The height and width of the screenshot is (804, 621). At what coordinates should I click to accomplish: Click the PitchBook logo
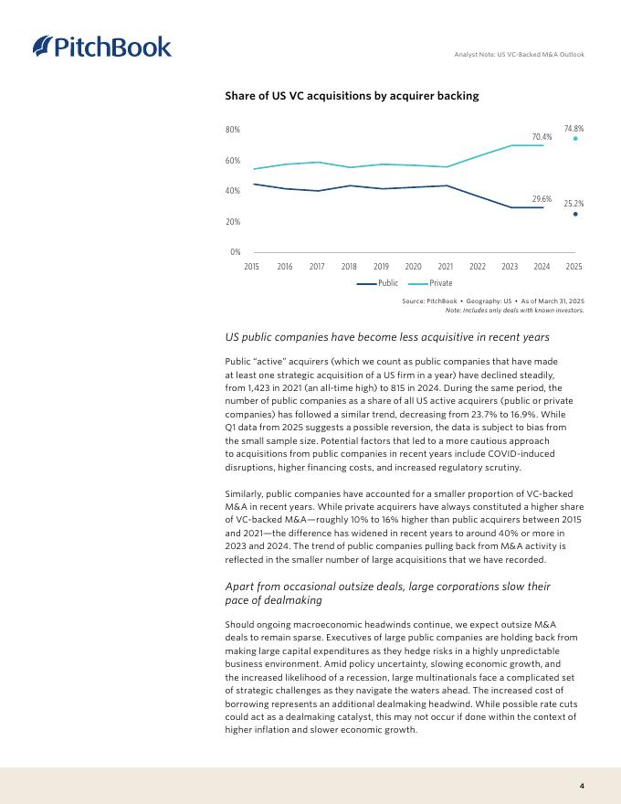pos(101,46)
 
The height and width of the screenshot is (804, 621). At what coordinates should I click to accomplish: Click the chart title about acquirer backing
pos(352,95)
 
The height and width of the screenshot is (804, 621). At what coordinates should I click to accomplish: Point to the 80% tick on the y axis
pos(233,130)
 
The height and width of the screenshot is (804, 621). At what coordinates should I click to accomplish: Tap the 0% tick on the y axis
pos(235,251)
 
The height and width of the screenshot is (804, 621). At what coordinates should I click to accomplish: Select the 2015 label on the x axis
pos(252,266)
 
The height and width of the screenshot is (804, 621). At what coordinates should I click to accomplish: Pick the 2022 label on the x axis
pos(478,266)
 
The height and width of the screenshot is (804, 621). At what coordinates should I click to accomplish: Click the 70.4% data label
pos(542,137)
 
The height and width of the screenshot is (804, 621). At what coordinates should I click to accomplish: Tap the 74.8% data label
pos(574,129)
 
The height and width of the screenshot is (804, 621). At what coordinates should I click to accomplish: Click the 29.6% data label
pos(542,198)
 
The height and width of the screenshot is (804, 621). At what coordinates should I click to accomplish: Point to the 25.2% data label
pos(574,204)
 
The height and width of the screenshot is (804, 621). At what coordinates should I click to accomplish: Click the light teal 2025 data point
pos(575,139)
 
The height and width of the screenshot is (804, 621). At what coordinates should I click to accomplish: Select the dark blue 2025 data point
pos(575,214)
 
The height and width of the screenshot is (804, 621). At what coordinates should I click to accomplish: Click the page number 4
pos(582,786)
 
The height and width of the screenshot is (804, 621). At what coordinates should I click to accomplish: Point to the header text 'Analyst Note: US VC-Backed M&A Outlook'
pos(519,55)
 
